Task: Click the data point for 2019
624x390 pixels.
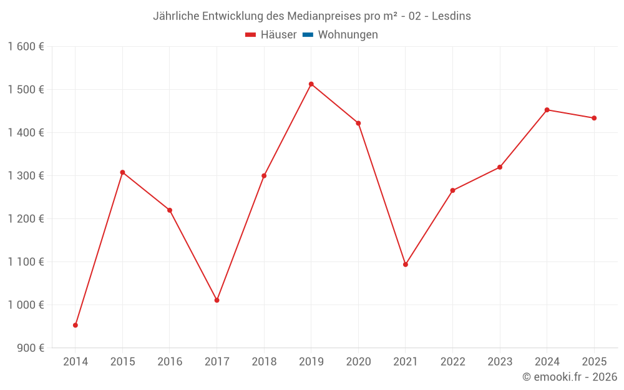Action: (311, 84)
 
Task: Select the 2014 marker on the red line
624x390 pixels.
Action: (76, 325)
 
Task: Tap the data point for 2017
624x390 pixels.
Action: (217, 300)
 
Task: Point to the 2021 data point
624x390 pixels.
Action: (406, 265)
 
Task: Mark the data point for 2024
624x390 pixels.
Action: (547, 110)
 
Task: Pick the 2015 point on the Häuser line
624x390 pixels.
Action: (122, 172)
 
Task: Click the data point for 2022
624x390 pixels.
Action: (452, 190)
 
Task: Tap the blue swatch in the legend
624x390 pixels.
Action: (308, 35)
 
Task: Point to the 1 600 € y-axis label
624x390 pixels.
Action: (26, 47)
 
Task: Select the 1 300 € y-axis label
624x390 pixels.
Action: (26, 176)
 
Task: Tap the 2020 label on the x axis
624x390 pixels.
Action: (358, 362)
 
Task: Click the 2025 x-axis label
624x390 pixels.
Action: (594, 362)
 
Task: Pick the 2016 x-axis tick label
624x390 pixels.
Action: (170, 362)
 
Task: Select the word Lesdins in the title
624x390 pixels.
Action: (452, 16)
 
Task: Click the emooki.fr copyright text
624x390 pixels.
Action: (570, 377)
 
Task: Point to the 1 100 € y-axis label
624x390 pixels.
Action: (26, 262)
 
